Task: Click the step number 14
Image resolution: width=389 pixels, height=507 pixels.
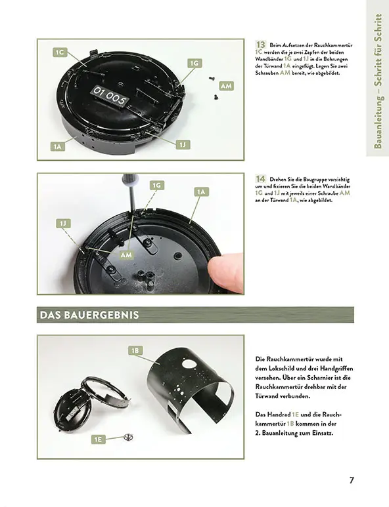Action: pos(260,178)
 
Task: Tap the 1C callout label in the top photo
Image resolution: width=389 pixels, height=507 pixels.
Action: pos(60,51)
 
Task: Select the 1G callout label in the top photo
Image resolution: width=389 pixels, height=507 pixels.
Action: pos(194,63)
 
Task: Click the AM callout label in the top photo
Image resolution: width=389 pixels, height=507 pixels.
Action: pos(225,86)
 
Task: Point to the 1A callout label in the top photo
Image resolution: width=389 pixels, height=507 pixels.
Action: pos(58,147)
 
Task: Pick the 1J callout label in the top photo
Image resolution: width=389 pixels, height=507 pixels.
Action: pos(183,144)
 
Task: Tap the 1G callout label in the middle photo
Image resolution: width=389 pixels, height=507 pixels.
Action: pos(156,186)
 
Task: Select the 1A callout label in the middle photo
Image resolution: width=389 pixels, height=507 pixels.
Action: pos(201,192)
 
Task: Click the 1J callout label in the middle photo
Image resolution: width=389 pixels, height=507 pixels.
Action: pos(64,224)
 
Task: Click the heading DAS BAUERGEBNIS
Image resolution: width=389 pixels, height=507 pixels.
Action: pos(89,315)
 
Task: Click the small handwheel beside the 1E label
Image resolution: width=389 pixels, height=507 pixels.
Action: pos(129,436)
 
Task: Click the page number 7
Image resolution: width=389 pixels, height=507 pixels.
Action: pos(352,480)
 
